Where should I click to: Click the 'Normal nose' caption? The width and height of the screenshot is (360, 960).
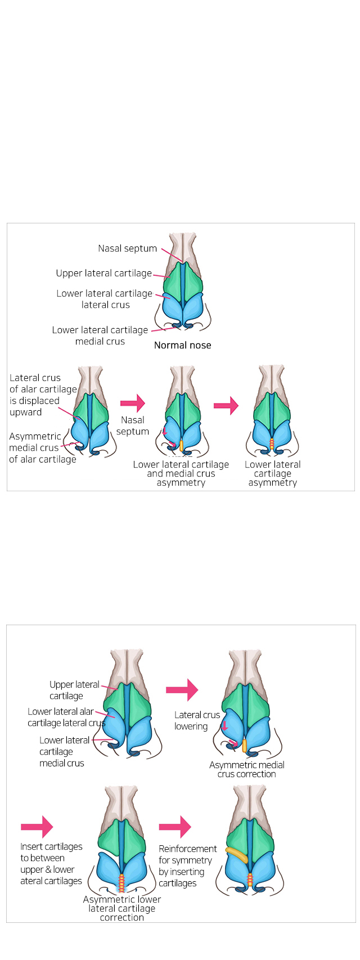[x=182, y=345]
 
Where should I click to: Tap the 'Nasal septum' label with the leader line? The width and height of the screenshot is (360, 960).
[x=128, y=248]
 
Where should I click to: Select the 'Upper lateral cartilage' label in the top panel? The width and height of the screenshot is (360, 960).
[x=103, y=273]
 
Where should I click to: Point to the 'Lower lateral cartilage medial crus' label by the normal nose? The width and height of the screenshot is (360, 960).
[x=100, y=335]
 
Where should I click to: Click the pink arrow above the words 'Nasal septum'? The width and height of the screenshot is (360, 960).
[x=133, y=403]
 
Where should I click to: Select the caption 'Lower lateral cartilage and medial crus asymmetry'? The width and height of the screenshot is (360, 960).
[x=181, y=473]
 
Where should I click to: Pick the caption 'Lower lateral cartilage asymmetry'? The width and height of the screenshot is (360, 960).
[x=272, y=473]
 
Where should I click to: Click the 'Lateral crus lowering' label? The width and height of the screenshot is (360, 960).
[x=196, y=720]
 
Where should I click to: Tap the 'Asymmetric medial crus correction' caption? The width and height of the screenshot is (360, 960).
[x=246, y=769]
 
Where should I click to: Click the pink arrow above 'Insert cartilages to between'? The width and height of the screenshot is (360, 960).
[x=37, y=827]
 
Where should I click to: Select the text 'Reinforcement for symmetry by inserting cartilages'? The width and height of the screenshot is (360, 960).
[x=187, y=865]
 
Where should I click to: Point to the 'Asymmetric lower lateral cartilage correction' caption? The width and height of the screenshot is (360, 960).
[x=121, y=908]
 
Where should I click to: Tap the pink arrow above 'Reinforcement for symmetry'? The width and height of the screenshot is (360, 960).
[x=175, y=827]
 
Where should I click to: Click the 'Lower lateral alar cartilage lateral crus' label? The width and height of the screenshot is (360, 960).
[x=66, y=717]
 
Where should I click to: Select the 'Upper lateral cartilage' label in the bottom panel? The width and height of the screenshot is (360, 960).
[x=74, y=690]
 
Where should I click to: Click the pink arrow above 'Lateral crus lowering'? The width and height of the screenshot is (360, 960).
[x=182, y=690]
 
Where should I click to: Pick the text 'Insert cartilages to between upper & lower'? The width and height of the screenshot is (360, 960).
[x=51, y=863]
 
